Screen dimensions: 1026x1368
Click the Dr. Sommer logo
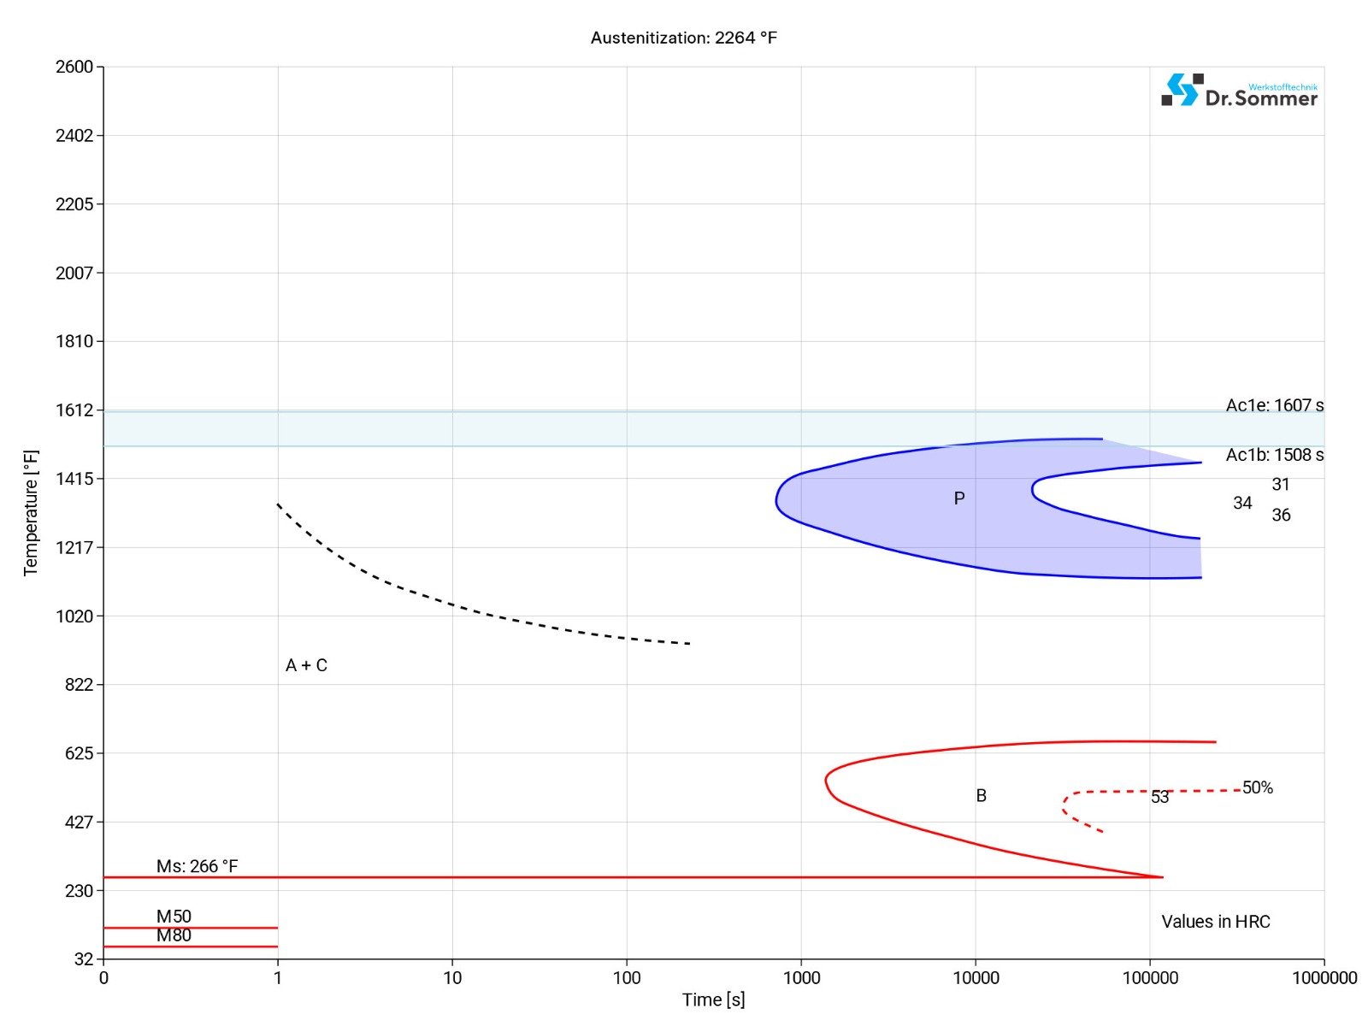1239,91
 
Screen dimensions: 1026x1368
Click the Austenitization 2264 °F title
684,38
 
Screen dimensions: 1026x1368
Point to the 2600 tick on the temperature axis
74,67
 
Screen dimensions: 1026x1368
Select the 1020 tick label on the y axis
74,616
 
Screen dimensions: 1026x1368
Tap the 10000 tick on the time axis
976,977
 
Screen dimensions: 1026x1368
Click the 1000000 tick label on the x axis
1324,977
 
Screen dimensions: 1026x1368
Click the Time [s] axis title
713,999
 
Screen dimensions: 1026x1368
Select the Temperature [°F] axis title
31,513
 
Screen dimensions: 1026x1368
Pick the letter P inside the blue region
959,498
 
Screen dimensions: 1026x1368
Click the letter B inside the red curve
982,796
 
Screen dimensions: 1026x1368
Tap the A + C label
306,665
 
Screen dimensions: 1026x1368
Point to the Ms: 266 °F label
197,866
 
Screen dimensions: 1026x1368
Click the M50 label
174,917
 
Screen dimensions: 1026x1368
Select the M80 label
174,935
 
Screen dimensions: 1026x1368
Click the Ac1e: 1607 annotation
1274,405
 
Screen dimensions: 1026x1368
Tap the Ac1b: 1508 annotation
1274,455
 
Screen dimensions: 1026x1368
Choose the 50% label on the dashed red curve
1258,787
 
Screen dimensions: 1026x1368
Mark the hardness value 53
1159,797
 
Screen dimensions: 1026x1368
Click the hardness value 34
1242,503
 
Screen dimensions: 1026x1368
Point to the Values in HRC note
1215,922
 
